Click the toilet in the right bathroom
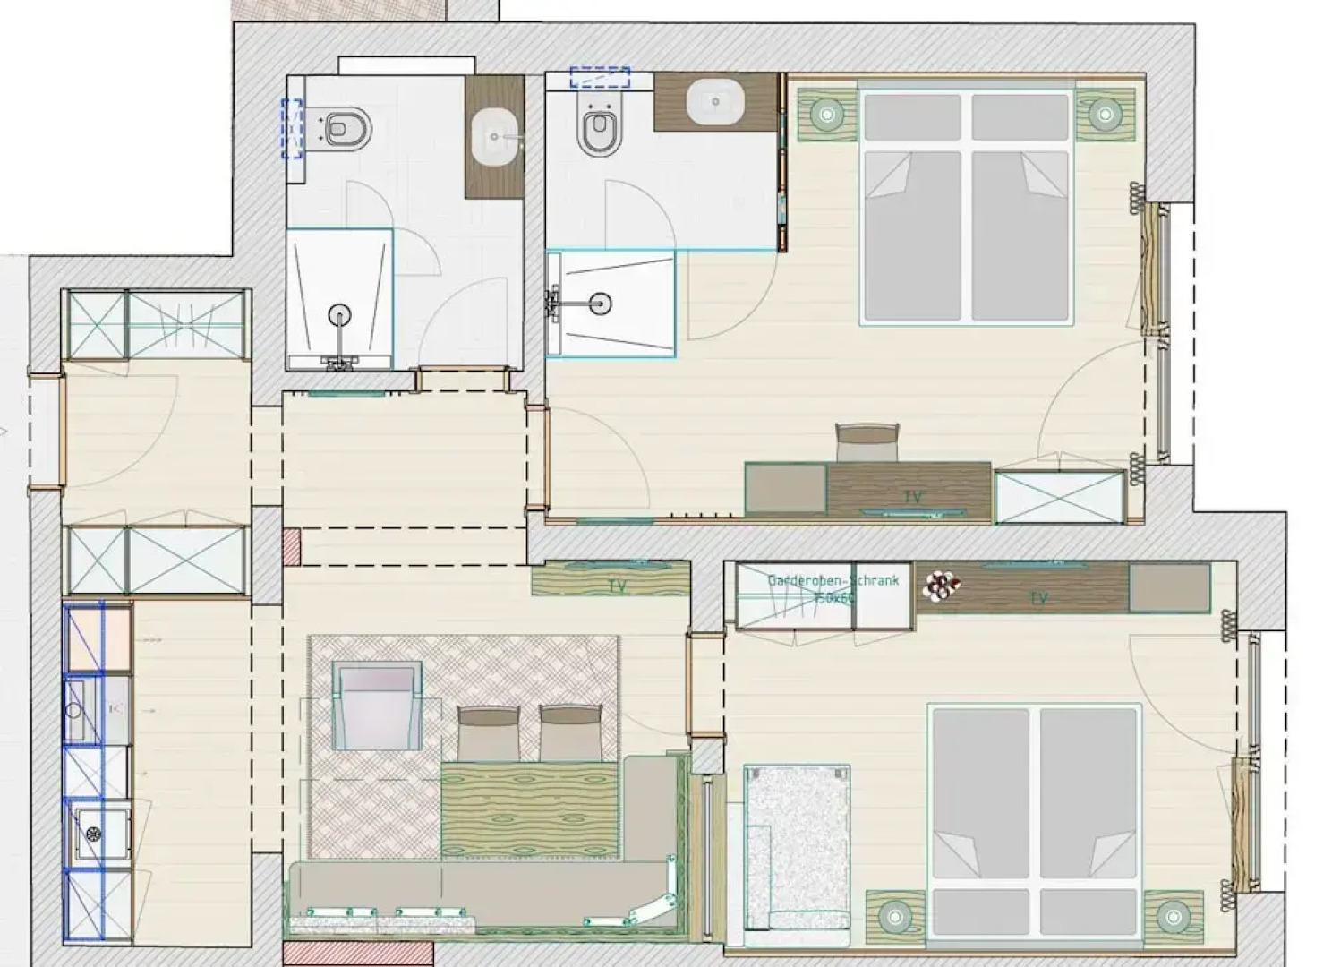point(599,130)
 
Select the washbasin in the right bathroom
point(714,100)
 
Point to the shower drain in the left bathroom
point(338,314)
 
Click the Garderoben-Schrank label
point(832,580)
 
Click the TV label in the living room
point(617,586)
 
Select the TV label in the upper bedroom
point(911,496)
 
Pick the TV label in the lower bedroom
point(1038,597)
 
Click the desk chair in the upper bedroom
point(866,442)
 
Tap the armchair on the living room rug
point(376,705)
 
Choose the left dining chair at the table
point(488,732)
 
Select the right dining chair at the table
point(570,732)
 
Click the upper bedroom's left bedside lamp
point(826,114)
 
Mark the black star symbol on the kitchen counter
point(93,834)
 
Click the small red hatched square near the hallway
point(292,546)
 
